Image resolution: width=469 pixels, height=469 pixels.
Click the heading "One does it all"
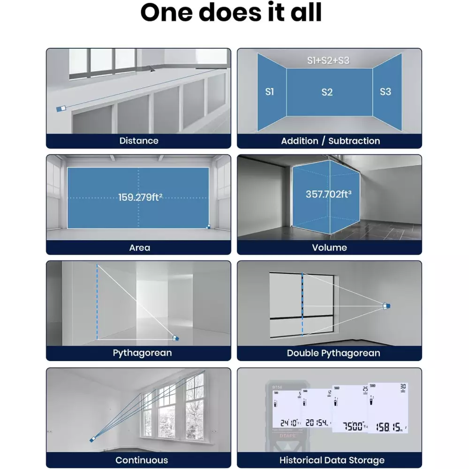231,13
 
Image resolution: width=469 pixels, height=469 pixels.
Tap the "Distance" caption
139,141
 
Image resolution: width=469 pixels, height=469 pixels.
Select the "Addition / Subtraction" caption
330,141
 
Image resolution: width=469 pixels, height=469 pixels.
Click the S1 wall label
269,92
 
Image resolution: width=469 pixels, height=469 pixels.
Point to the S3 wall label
385,92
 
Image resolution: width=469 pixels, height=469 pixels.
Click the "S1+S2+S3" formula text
328,61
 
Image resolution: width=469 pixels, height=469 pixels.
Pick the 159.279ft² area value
140,197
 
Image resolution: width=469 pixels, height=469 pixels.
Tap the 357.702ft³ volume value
328,194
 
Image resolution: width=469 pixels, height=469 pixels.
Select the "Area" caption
139,248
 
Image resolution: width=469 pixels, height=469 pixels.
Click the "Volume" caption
329,248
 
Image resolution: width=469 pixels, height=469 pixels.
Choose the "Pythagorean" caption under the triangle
142,353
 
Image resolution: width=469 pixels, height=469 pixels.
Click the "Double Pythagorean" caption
333,353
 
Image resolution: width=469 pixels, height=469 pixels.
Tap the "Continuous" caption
142,460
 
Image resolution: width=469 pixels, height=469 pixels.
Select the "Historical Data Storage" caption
332,460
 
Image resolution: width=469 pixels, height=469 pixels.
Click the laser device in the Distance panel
61,108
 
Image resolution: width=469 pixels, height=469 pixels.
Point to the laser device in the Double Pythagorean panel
386,306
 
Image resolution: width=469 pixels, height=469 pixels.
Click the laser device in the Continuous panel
93,439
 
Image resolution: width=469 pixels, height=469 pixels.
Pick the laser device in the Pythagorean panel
176,337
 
